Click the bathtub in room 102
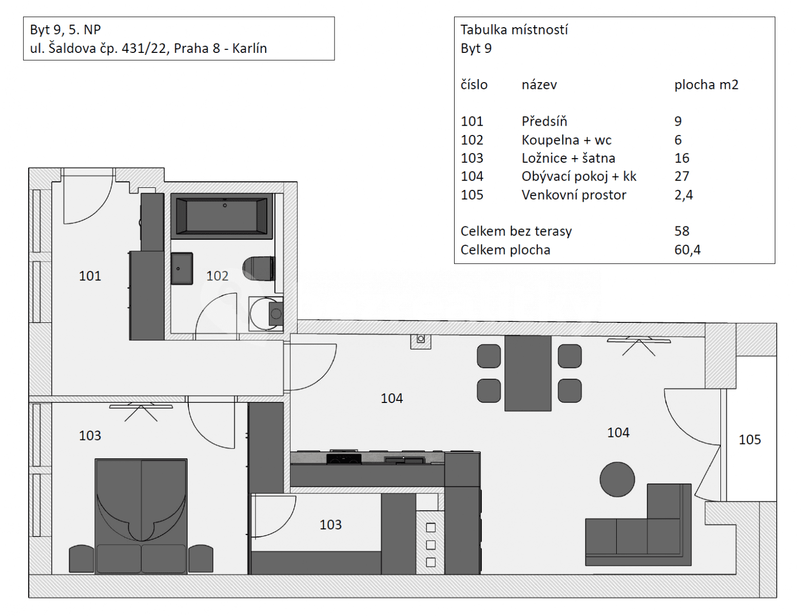click(221, 216)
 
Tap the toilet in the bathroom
click(259, 268)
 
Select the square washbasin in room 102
click(182, 268)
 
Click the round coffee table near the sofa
click(617, 479)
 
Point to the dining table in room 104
click(527, 373)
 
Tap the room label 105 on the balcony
click(749, 439)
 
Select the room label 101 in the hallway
click(90, 276)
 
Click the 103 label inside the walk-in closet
click(330, 525)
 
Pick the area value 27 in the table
click(681, 177)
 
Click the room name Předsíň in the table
click(544, 122)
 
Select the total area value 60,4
click(687, 250)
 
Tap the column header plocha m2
click(706, 85)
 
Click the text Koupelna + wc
click(566, 140)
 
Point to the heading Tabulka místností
click(514, 30)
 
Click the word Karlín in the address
click(249, 48)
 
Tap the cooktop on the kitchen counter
click(343, 458)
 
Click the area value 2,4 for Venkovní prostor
click(683, 195)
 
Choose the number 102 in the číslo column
click(472, 140)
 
